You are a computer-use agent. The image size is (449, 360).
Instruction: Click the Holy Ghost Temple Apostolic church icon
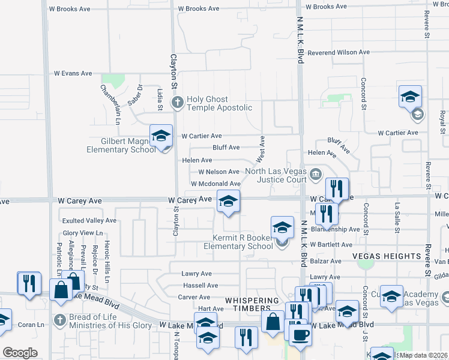click(x=177, y=103)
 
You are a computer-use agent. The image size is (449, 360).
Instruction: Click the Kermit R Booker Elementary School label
click(x=238, y=242)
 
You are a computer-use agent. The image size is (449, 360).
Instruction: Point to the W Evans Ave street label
click(x=73, y=73)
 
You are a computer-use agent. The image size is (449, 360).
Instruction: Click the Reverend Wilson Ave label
click(x=339, y=52)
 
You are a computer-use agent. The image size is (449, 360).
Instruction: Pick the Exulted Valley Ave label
click(x=89, y=221)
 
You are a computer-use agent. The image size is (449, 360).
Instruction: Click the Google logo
click(x=20, y=353)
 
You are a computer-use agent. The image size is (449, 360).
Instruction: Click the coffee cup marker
click(x=300, y=335)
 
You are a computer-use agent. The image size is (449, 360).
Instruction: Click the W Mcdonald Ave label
click(x=215, y=184)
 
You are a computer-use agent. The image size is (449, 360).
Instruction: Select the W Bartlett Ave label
click(x=330, y=245)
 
